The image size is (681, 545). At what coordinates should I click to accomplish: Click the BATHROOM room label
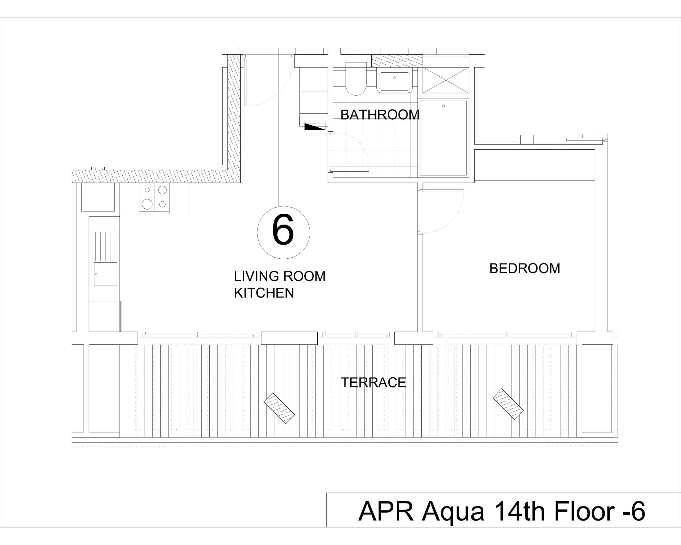coord(380,115)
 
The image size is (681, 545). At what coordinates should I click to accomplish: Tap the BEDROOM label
coord(525,269)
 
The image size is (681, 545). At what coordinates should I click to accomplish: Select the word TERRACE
coord(373,383)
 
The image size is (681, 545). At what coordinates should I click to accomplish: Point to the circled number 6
coord(283,233)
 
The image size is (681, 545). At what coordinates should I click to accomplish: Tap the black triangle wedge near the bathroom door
coord(314,127)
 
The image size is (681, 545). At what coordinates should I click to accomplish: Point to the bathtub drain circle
coord(443,106)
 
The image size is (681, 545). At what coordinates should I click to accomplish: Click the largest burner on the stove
coord(147,204)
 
